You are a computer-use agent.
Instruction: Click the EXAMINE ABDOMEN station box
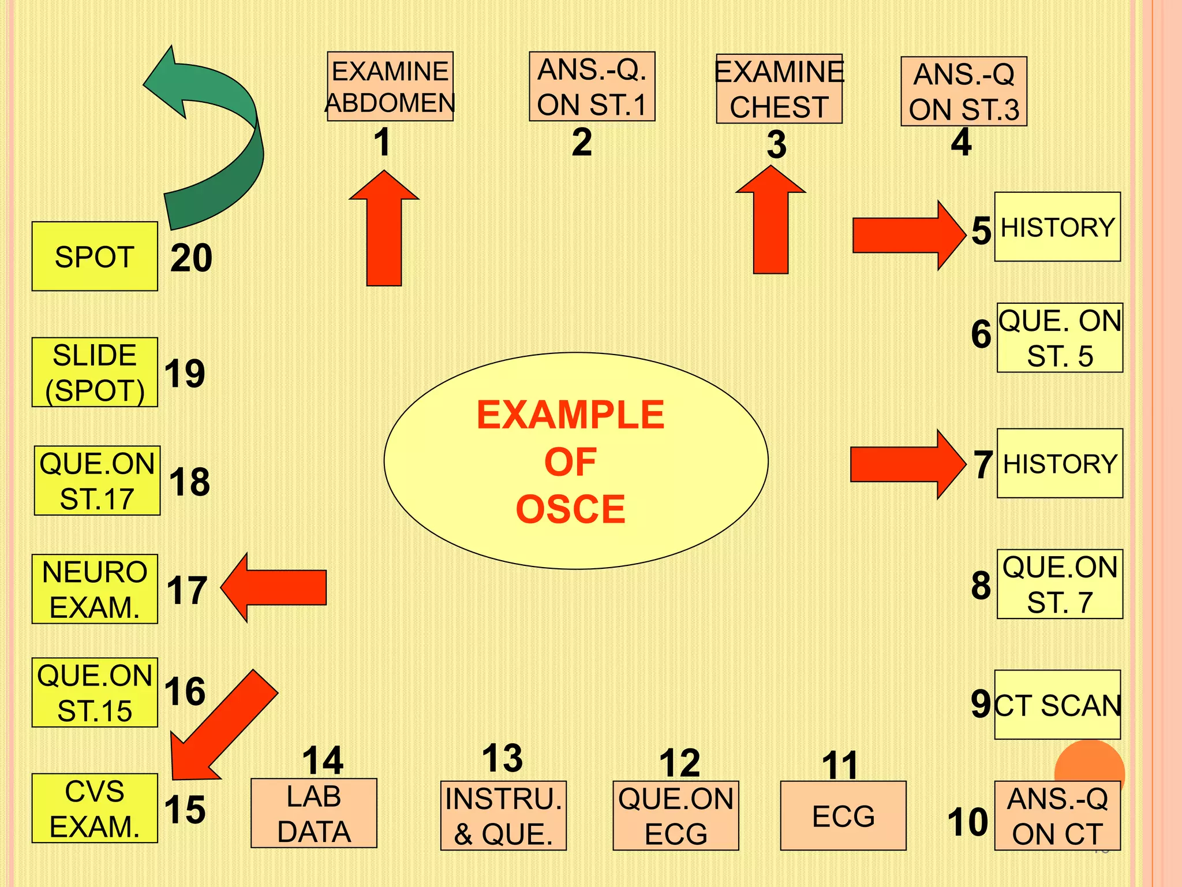click(390, 87)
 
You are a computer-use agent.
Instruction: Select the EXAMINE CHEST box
click(779, 89)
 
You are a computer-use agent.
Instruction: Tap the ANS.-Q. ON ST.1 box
click(592, 87)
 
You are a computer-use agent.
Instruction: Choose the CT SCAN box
click(1057, 705)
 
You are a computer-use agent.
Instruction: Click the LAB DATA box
click(314, 813)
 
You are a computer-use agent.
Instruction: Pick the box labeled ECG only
click(843, 815)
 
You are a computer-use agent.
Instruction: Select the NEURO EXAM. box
click(95, 589)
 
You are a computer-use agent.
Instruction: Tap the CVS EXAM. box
click(95, 808)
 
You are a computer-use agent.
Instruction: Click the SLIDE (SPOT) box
click(95, 372)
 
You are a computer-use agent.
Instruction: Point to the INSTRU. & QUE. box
click(503, 815)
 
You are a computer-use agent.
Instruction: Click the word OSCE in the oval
click(570, 509)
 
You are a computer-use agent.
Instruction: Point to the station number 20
click(191, 258)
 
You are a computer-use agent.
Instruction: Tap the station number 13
click(503, 758)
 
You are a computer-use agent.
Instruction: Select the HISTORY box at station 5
click(1057, 227)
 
